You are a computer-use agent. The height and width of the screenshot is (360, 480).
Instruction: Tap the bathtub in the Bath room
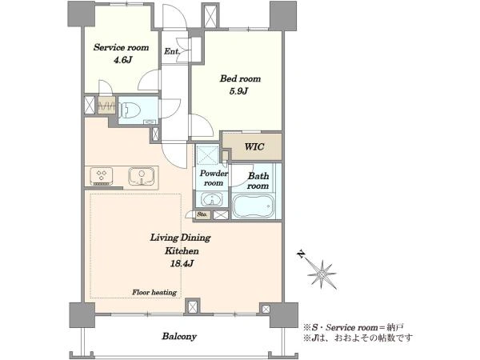click(253, 206)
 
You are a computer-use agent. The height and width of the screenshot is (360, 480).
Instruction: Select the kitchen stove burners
click(102, 176)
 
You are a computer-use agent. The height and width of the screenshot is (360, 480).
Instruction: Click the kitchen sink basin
click(141, 176)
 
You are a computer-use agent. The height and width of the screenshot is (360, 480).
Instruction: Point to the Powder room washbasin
click(211, 199)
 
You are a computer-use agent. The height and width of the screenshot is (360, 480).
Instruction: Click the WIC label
click(254, 146)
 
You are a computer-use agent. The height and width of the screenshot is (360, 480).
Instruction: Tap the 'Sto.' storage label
click(202, 214)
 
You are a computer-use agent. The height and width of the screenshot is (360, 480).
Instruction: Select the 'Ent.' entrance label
click(172, 51)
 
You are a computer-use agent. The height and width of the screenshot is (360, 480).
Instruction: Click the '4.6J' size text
click(122, 60)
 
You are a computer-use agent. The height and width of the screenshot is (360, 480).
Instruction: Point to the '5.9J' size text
click(238, 91)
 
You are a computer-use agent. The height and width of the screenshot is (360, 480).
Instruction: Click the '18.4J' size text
click(182, 263)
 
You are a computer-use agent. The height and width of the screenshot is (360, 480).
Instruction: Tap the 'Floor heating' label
click(154, 292)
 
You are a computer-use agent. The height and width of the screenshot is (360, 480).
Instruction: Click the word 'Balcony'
click(179, 337)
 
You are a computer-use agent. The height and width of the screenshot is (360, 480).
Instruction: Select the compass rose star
click(322, 274)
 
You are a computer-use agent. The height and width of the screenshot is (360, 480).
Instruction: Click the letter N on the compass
click(302, 254)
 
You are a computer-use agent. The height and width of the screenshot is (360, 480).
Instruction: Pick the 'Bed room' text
click(240, 78)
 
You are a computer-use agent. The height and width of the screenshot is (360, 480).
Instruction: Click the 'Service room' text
click(122, 47)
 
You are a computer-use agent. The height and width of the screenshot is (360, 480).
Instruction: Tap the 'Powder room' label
click(214, 178)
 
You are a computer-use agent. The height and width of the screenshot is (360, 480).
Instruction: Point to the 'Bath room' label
click(258, 181)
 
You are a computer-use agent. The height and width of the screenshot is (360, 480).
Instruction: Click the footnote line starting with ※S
click(354, 327)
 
